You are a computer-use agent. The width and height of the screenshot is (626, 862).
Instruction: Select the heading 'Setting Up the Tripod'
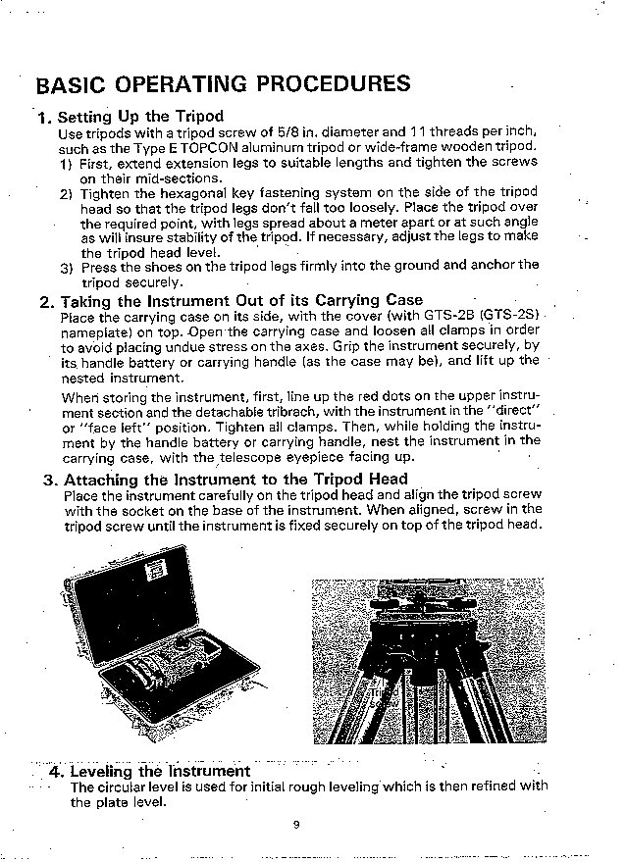141,116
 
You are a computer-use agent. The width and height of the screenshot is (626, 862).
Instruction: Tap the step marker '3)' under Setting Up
66,265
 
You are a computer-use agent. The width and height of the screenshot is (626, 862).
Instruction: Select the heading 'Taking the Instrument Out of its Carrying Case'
241,300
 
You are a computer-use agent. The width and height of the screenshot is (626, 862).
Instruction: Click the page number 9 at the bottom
295,824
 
